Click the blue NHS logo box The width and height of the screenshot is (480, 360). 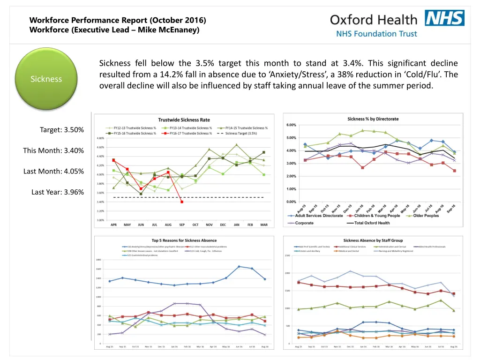click(444, 18)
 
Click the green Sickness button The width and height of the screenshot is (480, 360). click(46, 79)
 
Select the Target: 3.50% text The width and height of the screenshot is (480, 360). click(62, 130)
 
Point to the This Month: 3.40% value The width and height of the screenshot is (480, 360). click(53, 150)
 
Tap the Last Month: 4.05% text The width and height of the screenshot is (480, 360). click(53, 171)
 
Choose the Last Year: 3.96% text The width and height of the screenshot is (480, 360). click(58, 192)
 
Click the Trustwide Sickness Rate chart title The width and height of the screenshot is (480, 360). click(184, 120)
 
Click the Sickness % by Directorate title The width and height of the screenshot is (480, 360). click(373, 118)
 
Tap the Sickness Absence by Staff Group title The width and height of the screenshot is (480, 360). click(373, 240)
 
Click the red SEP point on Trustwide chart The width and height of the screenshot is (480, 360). click(182, 202)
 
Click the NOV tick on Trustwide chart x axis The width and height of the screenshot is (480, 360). click(209, 225)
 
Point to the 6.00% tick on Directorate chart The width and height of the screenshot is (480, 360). click(291, 125)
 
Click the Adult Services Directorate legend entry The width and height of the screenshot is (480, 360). click(318, 216)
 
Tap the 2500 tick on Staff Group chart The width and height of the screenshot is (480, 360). click(287, 255)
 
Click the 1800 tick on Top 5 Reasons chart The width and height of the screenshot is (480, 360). click(99, 260)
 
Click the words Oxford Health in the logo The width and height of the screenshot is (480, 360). click(373, 20)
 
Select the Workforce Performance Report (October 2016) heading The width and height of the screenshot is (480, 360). click(117, 20)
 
